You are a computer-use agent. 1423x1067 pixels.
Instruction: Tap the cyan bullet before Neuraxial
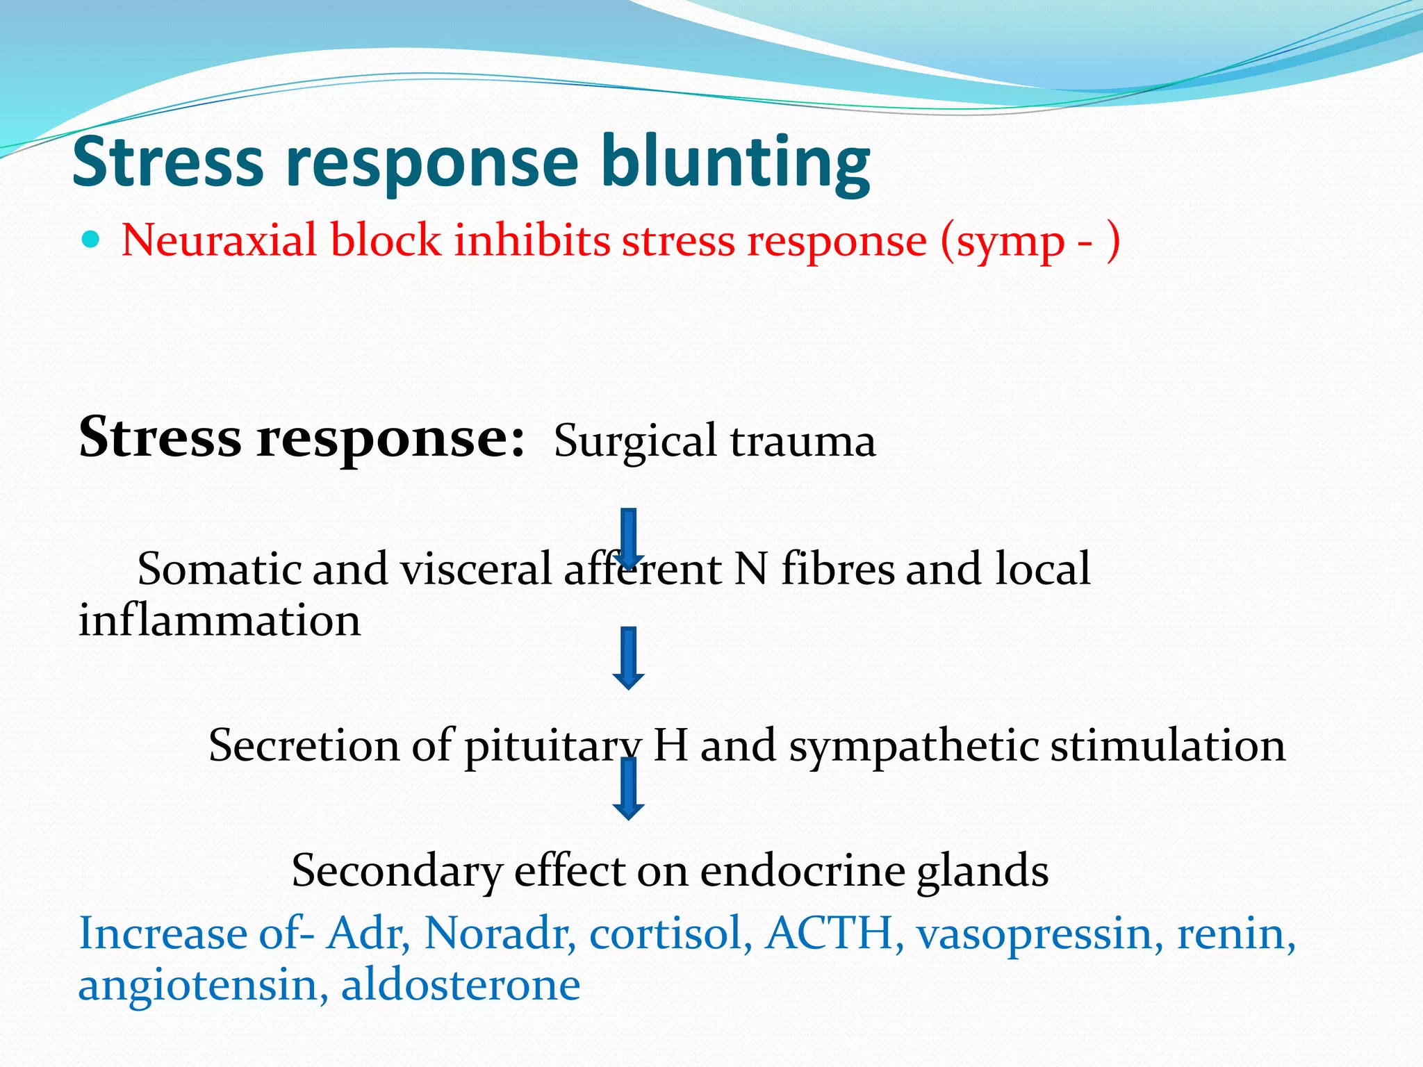(x=90, y=240)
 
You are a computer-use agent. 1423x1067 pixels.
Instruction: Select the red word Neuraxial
(x=219, y=240)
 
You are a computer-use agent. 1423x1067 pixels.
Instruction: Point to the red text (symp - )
(x=1030, y=242)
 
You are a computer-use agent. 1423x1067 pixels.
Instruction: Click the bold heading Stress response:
(x=302, y=438)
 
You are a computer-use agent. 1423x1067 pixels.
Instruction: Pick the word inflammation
(x=220, y=620)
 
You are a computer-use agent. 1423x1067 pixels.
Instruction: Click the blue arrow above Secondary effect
(x=628, y=789)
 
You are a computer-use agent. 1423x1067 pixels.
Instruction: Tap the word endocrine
(x=802, y=870)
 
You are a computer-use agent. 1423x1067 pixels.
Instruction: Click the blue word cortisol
(x=671, y=933)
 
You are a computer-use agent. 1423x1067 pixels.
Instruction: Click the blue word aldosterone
(x=460, y=984)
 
